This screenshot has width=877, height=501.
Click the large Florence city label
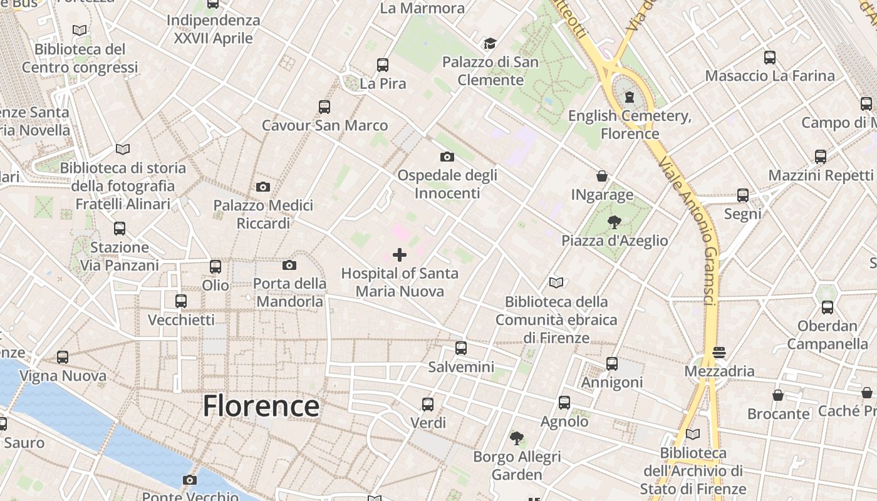click(x=261, y=406)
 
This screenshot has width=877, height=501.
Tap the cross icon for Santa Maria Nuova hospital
click(x=399, y=254)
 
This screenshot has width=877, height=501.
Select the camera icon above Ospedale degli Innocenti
click(x=447, y=157)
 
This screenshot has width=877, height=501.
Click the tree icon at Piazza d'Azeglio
click(x=614, y=221)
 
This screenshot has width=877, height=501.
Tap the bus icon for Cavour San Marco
click(x=324, y=107)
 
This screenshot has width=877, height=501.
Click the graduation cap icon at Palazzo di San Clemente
click(x=489, y=43)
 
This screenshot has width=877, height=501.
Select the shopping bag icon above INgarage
click(x=601, y=176)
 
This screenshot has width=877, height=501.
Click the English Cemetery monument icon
click(x=629, y=96)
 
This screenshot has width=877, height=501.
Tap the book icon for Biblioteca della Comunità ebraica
click(x=556, y=282)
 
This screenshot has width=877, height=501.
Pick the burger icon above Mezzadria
click(x=719, y=352)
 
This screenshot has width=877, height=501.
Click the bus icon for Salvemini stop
click(x=461, y=348)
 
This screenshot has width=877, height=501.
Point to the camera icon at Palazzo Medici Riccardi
click(x=263, y=187)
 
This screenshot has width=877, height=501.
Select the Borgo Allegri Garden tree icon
click(x=516, y=438)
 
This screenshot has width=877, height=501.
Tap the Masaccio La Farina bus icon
click(x=770, y=58)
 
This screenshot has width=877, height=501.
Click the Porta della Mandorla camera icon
click(x=289, y=265)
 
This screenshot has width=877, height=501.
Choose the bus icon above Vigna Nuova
click(x=63, y=357)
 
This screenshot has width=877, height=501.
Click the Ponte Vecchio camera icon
click(x=190, y=480)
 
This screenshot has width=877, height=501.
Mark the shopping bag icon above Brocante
click(x=777, y=395)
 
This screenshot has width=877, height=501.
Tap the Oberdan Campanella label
click(x=827, y=334)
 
